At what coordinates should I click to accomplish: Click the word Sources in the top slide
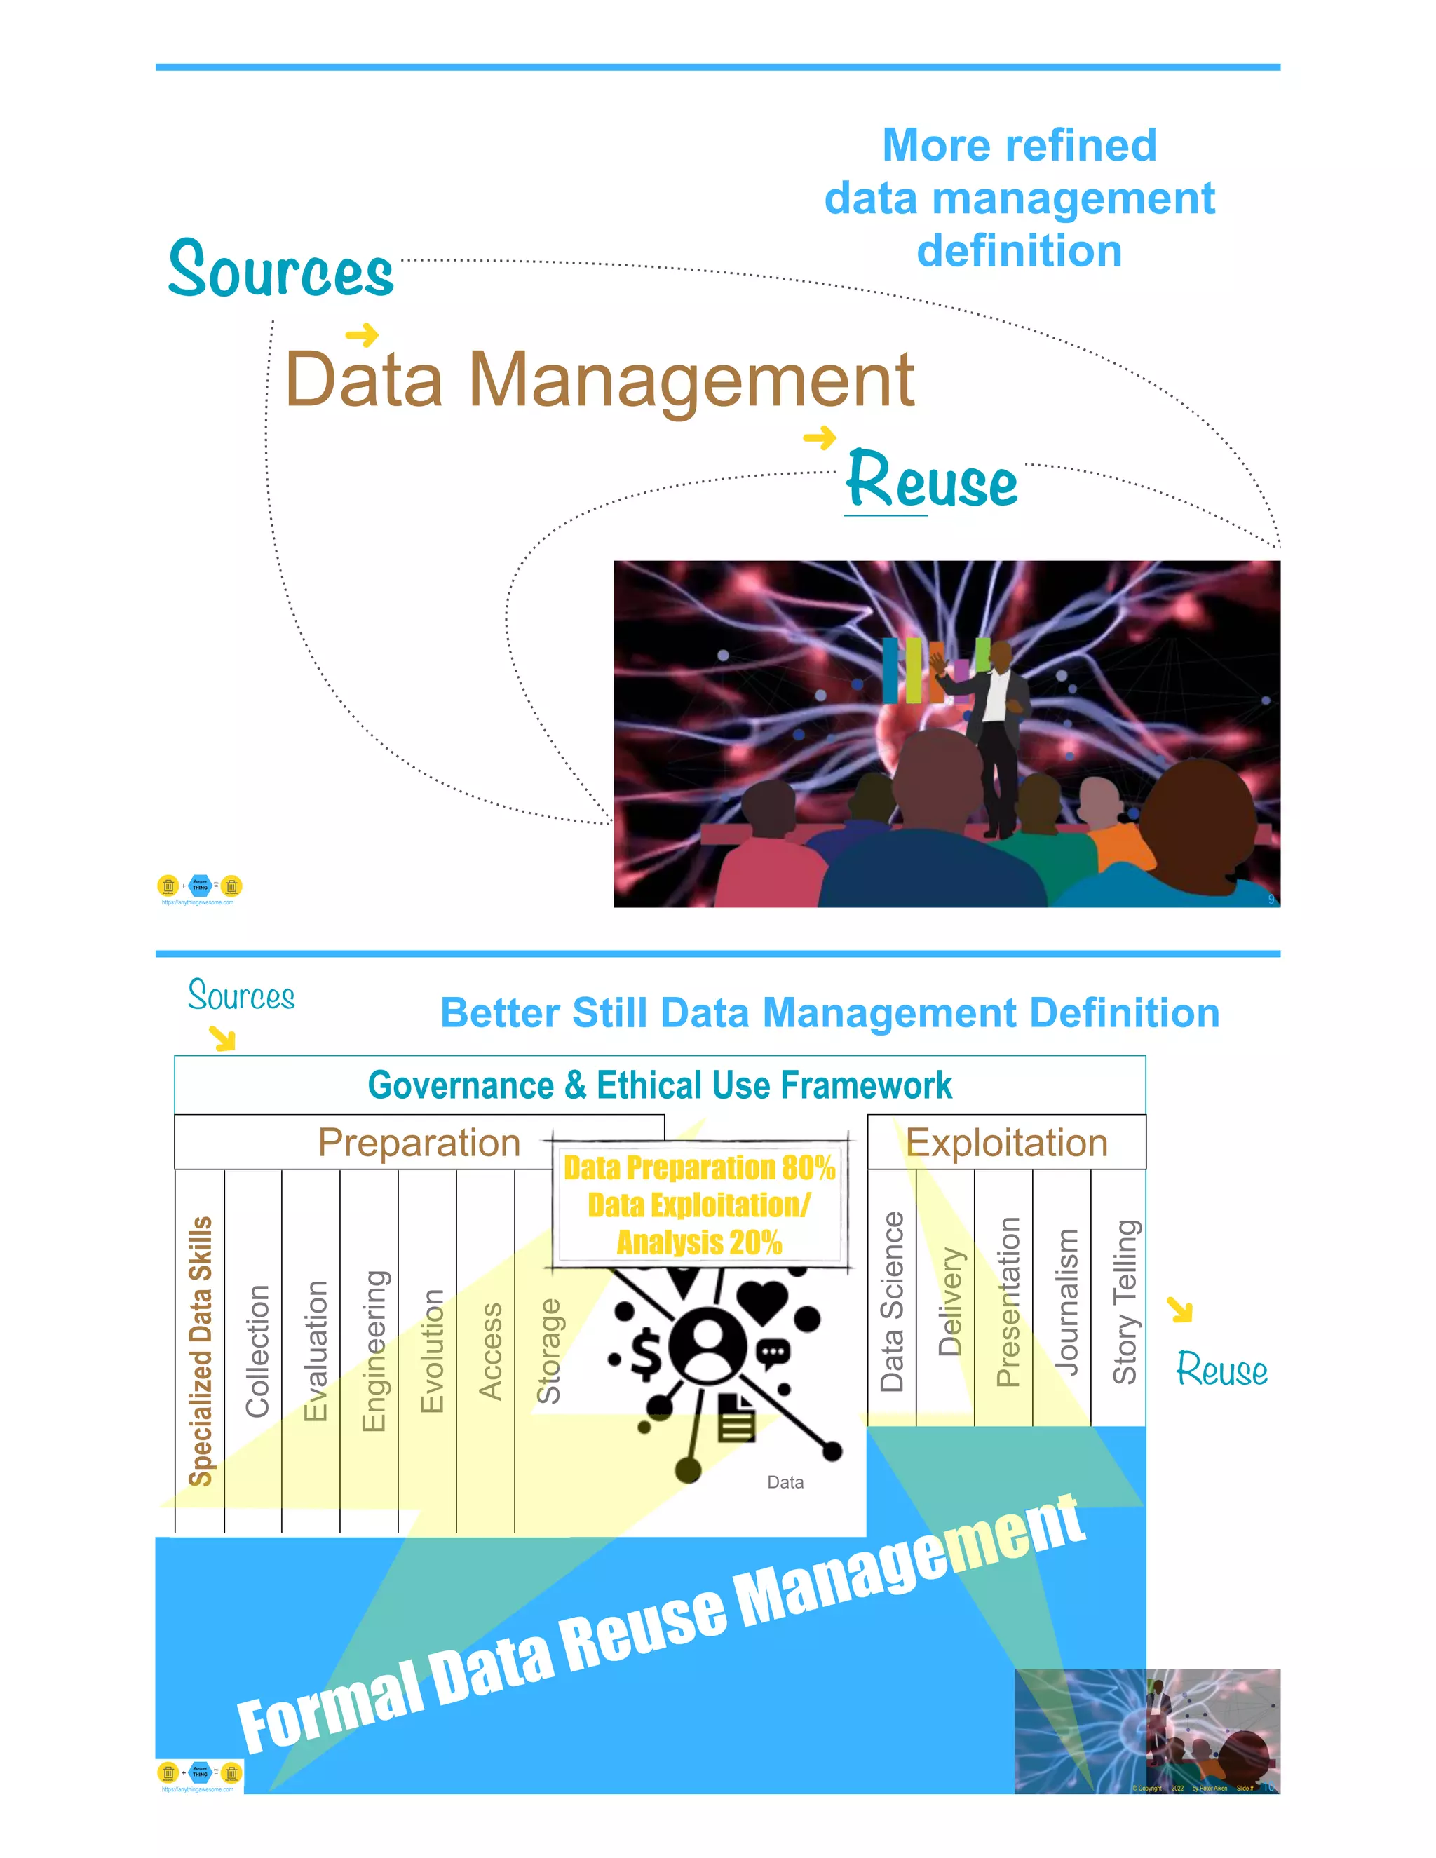280,270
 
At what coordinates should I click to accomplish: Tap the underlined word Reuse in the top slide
933,481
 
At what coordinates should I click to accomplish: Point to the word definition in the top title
1019,252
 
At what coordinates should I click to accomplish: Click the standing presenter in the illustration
996,731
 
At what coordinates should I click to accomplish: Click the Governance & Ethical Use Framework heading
659,1085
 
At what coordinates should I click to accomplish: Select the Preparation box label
419,1143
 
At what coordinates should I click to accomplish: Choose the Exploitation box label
1006,1143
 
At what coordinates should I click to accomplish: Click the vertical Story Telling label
1125,1301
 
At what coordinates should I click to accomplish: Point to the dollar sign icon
646,1355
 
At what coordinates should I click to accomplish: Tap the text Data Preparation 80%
699,1168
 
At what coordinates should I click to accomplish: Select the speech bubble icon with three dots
773,1353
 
